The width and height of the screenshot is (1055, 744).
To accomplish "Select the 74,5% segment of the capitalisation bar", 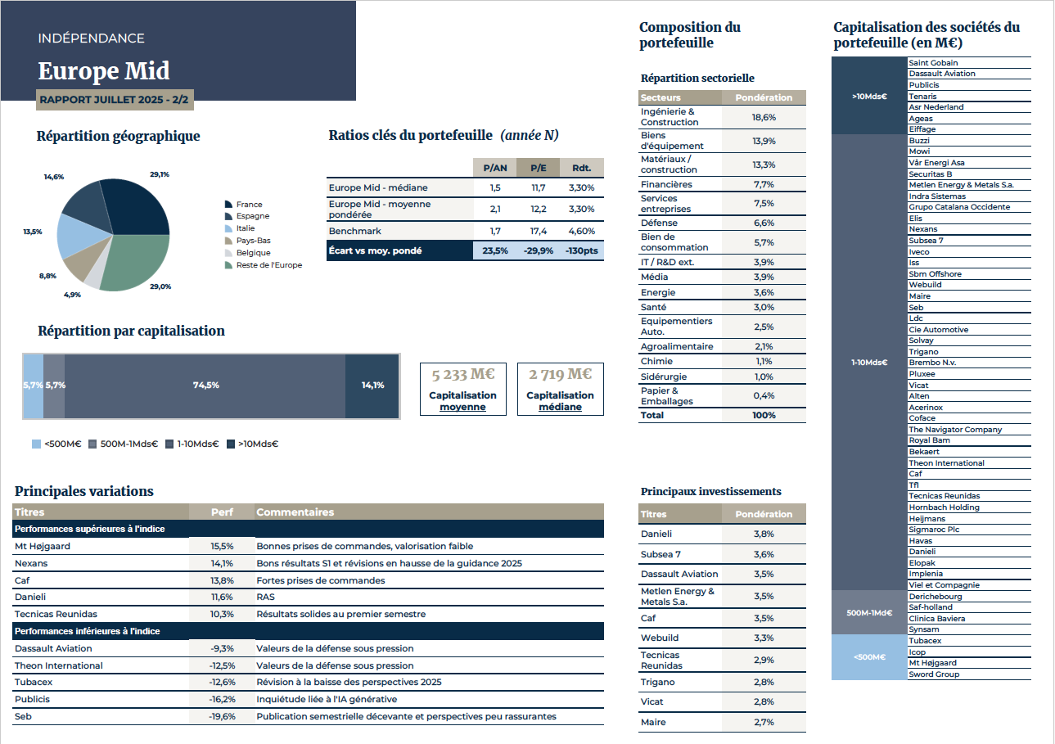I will tap(205, 386).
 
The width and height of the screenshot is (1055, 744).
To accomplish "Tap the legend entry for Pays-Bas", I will tap(253, 241).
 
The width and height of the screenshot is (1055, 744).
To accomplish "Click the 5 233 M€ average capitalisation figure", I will tap(462, 375).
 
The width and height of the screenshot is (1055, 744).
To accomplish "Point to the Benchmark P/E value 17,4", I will tap(538, 232).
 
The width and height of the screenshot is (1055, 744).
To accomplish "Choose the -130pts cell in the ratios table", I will tap(582, 250).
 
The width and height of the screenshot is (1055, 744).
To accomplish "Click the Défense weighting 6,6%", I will tap(764, 223).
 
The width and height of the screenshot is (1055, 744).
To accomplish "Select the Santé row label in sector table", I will tap(655, 308).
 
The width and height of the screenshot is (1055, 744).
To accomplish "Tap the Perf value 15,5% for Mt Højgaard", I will tap(222, 546).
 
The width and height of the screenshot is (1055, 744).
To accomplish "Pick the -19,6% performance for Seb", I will tap(222, 717).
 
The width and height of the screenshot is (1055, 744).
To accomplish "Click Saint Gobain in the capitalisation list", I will tap(933, 63).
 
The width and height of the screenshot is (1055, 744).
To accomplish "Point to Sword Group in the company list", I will tap(934, 674).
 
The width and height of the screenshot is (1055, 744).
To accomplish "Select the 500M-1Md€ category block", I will tap(869, 612).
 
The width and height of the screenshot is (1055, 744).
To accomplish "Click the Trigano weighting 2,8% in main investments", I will tap(764, 683).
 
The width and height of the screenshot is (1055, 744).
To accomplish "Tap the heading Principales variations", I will tap(84, 491).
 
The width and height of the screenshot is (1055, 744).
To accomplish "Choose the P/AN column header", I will tap(494, 168).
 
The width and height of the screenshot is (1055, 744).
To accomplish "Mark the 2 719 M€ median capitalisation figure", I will tap(560, 375).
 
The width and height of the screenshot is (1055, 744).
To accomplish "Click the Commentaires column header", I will tap(295, 512).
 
